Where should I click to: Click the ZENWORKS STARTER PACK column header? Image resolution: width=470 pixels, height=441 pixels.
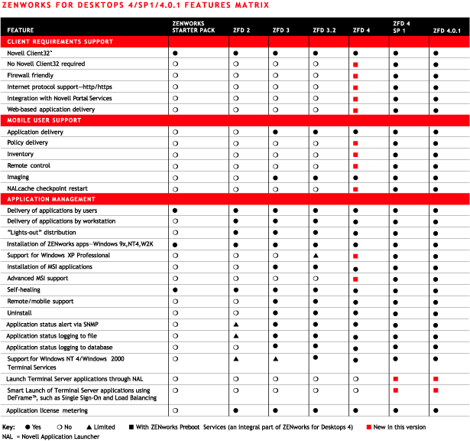coord(193,27)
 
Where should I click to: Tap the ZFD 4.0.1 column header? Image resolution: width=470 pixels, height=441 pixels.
coord(446,30)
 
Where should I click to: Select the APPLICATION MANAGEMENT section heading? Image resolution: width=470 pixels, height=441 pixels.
coord(50,198)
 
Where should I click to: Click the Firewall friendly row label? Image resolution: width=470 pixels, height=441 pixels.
coord(31,76)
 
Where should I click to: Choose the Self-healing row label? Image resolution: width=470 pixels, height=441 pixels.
coord(24,290)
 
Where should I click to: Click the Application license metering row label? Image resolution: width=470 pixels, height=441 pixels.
coord(47,410)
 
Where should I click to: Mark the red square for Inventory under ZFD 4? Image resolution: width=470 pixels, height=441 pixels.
coord(356,155)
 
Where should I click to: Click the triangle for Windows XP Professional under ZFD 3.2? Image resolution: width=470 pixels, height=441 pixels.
coord(316,256)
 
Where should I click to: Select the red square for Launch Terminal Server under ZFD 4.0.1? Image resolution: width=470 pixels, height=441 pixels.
coord(436,379)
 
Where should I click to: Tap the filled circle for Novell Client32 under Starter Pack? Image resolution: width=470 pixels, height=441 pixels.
coord(175,54)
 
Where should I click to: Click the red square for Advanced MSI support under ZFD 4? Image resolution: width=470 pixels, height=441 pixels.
coord(356,279)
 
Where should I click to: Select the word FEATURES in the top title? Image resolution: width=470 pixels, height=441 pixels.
coord(196,5)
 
